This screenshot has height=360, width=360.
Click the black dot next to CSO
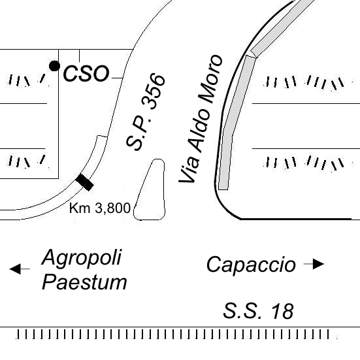click(x=54, y=66)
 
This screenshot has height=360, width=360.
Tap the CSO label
click(x=86, y=73)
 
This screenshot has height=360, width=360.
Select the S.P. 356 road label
click(x=146, y=112)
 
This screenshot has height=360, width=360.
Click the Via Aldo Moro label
click(x=201, y=119)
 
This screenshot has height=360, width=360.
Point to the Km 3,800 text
click(x=100, y=208)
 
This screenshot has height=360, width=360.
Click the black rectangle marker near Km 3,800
click(x=85, y=182)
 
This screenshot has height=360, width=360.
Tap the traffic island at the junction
click(x=150, y=189)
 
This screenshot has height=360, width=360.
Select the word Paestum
click(x=84, y=282)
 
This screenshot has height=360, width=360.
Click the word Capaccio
click(x=251, y=265)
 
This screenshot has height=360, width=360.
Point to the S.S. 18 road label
click(x=258, y=311)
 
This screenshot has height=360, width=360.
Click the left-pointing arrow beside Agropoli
click(x=20, y=269)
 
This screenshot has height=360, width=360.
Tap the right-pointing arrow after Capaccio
click(x=314, y=264)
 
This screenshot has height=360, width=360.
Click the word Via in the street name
click(x=189, y=169)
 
